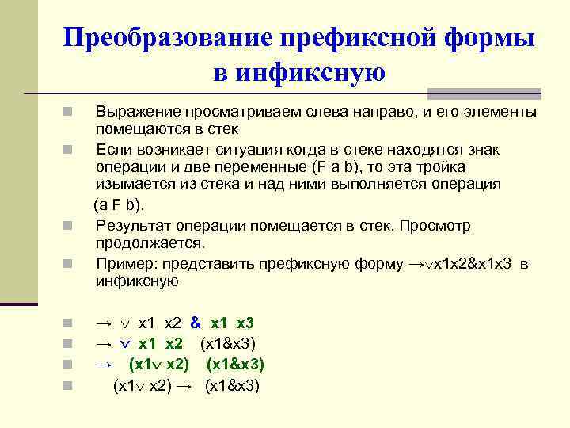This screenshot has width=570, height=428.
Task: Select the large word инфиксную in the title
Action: tap(298, 74)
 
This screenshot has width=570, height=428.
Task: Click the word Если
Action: tap(110, 150)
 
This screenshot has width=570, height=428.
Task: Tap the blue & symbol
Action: tap(196, 323)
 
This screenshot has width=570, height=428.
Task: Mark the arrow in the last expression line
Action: tap(188, 386)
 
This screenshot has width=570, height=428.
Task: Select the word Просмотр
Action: tap(435, 226)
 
